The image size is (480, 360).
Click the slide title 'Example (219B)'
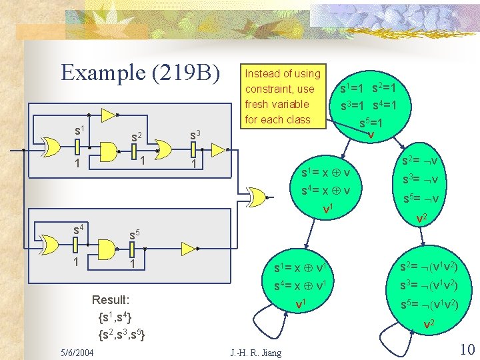(140, 72)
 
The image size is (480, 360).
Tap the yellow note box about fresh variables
(282, 96)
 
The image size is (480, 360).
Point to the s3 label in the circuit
(195, 135)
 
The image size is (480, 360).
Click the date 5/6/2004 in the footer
(76, 352)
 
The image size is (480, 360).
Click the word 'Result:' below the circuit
(111, 299)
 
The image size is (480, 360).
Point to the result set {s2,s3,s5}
(123, 333)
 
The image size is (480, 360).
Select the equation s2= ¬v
(419, 160)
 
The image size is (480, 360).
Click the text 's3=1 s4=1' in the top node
(369, 105)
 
